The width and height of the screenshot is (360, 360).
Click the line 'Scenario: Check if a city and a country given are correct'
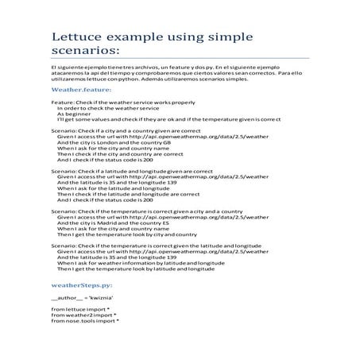[128, 128]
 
